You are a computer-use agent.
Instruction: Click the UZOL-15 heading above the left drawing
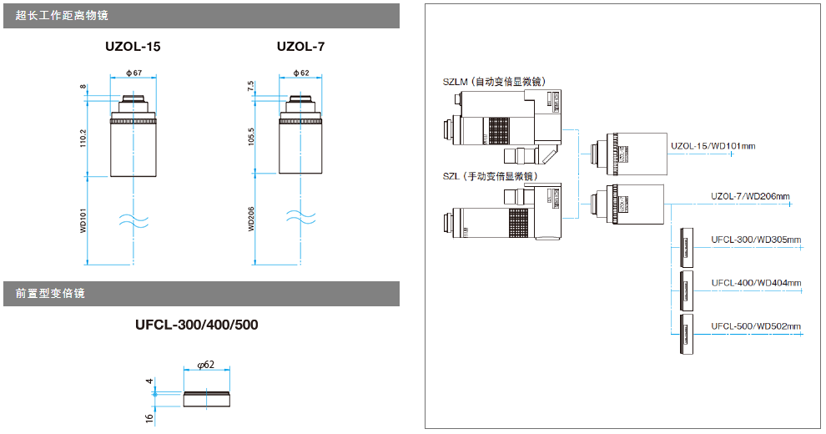click(133, 47)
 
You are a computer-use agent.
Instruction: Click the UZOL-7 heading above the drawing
click(300, 47)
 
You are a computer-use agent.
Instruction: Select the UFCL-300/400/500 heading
click(196, 324)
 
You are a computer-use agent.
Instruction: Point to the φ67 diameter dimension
click(133, 73)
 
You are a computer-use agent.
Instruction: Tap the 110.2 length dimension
click(83, 139)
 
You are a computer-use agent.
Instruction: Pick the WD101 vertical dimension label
click(83, 221)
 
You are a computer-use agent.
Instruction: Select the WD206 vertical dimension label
click(251, 220)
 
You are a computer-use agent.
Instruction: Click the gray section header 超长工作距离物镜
click(62, 15)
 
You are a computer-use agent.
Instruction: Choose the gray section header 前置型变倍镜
click(50, 294)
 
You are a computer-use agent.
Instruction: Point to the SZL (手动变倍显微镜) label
click(490, 176)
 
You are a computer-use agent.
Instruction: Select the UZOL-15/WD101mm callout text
click(713, 146)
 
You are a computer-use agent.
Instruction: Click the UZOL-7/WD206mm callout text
click(750, 197)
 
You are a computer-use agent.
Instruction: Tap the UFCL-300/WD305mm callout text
click(756, 240)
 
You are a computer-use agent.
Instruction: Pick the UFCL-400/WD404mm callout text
click(756, 283)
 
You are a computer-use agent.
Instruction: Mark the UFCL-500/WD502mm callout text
click(756, 325)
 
